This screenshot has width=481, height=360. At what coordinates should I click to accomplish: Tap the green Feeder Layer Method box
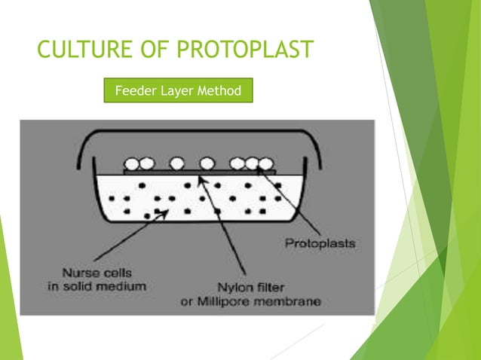(178, 91)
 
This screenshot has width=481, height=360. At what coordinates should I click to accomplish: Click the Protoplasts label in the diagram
(320, 243)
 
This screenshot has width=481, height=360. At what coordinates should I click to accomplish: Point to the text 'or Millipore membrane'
(259, 302)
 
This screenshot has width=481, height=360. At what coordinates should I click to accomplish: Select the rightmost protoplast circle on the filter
(265, 163)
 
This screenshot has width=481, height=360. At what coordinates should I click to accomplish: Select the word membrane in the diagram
(293, 302)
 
